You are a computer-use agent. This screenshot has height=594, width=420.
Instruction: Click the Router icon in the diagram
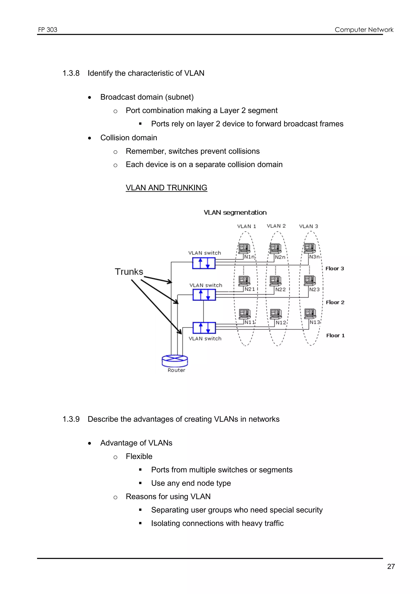pos(175,361)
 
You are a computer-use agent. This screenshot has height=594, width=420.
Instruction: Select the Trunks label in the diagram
pos(129,272)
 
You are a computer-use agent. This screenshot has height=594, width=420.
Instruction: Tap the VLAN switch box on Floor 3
pos(204,263)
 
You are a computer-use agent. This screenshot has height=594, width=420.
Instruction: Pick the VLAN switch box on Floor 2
pos(204,295)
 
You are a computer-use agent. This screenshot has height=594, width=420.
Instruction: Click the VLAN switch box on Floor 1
pos(204,328)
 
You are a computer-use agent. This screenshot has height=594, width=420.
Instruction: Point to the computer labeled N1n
pos(244,248)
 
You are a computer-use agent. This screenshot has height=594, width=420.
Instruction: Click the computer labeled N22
pos(275,281)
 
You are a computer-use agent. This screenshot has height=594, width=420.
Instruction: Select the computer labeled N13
pos(310,314)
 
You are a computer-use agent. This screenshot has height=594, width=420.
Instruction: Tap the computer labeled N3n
pos(310,248)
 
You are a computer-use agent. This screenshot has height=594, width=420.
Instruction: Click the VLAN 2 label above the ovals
pos(276,226)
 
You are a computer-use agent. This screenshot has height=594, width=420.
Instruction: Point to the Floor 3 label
pos(335,269)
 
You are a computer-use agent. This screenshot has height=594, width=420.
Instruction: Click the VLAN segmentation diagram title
pos(235,212)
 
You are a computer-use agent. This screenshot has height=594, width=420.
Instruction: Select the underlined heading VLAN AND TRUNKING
pos(166,188)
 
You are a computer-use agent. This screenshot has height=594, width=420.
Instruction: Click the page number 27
pos(391,566)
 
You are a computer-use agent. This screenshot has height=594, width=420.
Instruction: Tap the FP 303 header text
pos(48,30)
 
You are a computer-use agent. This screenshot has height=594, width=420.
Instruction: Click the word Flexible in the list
pos(139,456)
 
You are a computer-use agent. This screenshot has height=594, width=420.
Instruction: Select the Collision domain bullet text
pos(129,138)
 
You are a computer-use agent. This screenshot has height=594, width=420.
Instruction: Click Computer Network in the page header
pos(364,30)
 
